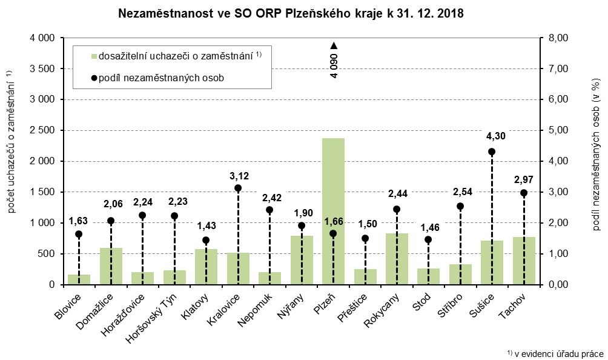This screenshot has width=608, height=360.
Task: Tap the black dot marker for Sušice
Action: click(492, 152)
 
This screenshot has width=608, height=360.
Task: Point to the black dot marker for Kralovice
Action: click(238, 188)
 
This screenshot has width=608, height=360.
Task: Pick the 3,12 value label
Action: click(238, 176)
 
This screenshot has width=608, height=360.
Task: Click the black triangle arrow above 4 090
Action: click(334, 45)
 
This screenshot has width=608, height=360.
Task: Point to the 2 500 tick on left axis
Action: click(42, 130)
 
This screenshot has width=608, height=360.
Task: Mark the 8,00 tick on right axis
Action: click(557, 38)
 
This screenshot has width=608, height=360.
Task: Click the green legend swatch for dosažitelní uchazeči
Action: click(94, 56)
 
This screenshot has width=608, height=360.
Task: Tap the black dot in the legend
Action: click(94, 78)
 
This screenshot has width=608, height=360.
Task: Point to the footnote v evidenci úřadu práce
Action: click(555, 353)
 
